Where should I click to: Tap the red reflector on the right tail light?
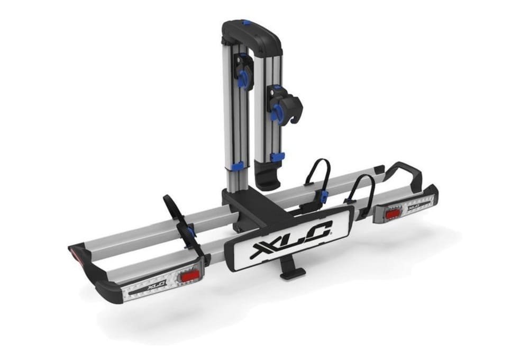click(x=393, y=213)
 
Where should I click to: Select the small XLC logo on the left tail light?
click(x=153, y=285)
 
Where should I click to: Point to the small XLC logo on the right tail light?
click(x=414, y=204)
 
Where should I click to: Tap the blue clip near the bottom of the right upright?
click(x=277, y=157)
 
